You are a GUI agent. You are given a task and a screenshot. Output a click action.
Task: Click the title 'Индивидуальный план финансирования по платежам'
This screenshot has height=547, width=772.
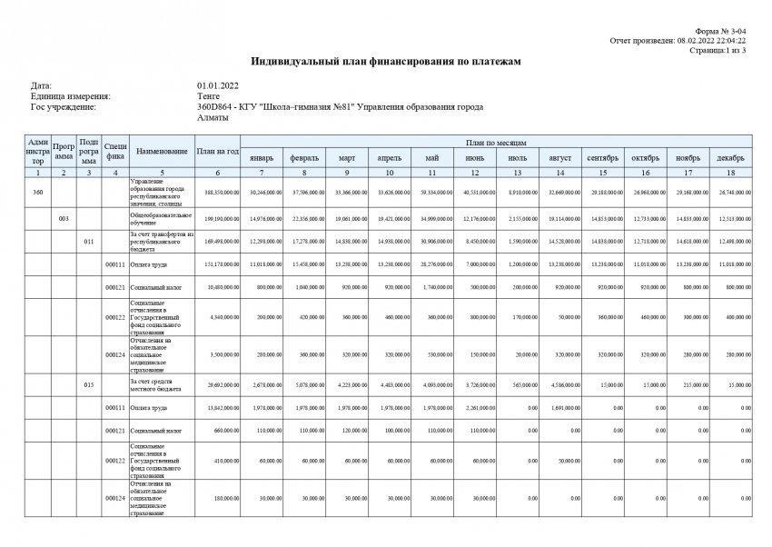[386, 62]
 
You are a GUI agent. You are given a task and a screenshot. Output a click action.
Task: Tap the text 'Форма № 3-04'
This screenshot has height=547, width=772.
[723, 32]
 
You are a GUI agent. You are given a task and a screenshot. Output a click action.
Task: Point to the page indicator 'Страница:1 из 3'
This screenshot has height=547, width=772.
[718, 50]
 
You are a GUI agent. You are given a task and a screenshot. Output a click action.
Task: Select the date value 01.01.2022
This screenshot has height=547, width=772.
[218, 85]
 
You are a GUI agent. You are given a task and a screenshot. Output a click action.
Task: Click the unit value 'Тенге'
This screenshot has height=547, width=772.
[208, 96]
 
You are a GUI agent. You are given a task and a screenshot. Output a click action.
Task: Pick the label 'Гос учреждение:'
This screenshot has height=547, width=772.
[63, 107]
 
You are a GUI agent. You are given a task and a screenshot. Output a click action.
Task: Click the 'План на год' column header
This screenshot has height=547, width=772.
[218, 151]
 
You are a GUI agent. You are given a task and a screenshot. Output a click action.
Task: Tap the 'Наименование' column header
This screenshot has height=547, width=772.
[162, 151]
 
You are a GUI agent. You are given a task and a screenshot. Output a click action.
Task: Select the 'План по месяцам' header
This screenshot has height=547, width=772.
[496, 143]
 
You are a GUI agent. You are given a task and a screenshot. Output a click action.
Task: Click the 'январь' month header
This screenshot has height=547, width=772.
[261, 159]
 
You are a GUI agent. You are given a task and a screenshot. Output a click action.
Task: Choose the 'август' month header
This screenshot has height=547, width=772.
[559, 159]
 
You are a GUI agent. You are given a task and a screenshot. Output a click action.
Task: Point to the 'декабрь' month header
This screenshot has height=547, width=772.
[730, 159]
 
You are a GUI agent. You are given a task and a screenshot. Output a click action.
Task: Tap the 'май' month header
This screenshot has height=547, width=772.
[431, 159]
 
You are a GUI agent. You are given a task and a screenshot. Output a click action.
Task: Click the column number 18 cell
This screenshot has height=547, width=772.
[730, 172]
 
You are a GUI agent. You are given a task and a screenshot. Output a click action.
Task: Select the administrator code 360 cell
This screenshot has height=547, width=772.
[37, 193]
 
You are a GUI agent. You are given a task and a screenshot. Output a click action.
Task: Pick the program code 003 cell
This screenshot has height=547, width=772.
[63, 219]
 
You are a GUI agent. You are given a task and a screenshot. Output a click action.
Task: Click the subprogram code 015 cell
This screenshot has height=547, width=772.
[88, 385]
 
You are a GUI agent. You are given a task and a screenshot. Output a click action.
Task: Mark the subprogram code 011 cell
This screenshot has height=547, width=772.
[88, 243]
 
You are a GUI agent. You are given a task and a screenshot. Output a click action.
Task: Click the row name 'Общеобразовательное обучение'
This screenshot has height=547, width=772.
[161, 219]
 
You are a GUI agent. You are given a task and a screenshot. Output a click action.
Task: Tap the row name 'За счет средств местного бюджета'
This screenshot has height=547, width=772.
[161, 385]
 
